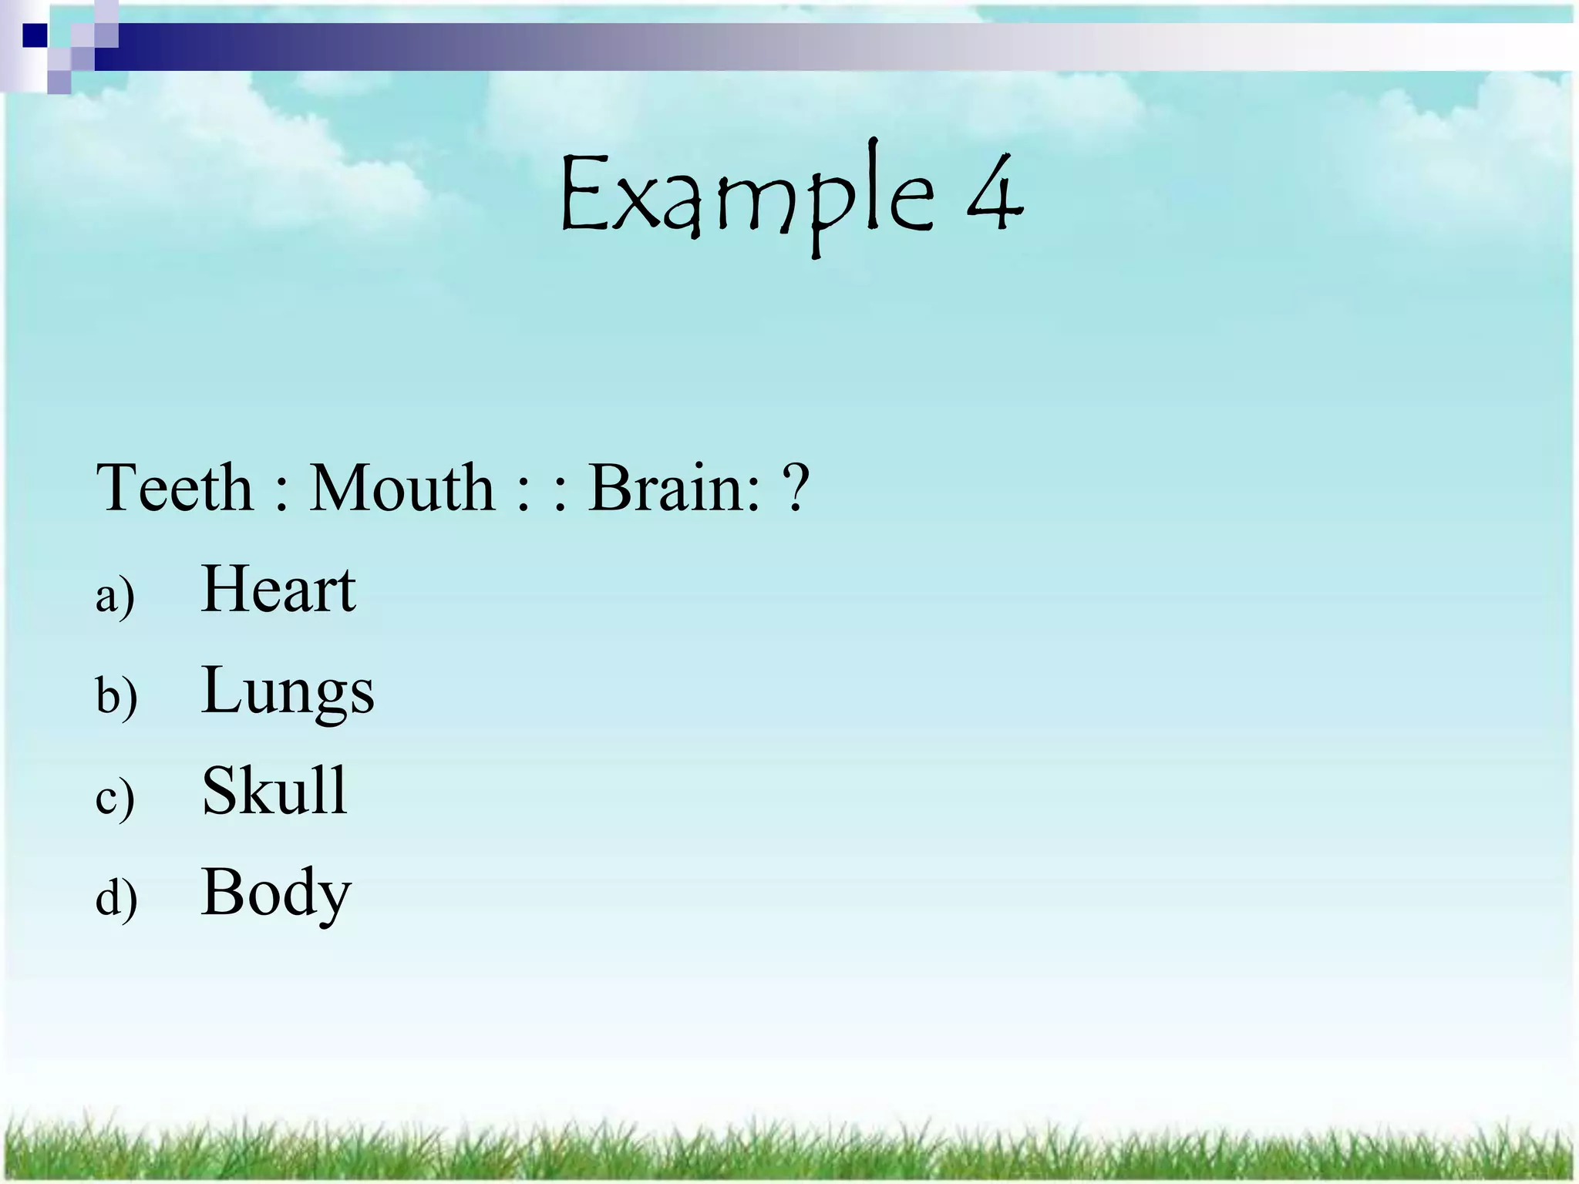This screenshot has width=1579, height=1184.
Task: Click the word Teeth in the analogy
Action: (x=174, y=488)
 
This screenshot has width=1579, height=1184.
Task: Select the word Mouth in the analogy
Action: (x=402, y=488)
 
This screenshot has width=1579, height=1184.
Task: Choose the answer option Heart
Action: (x=278, y=590)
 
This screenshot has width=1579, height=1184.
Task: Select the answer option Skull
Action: (x=274, y=791)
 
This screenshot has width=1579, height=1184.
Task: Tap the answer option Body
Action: (x=276, y=893)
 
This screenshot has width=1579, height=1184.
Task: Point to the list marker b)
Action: (x=116, y=696)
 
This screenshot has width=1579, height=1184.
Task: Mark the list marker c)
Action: (x=115, y=798)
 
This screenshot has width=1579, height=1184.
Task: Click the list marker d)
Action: (x=116, y=898)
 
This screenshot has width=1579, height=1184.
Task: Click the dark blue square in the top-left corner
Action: (x=34, y=35)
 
